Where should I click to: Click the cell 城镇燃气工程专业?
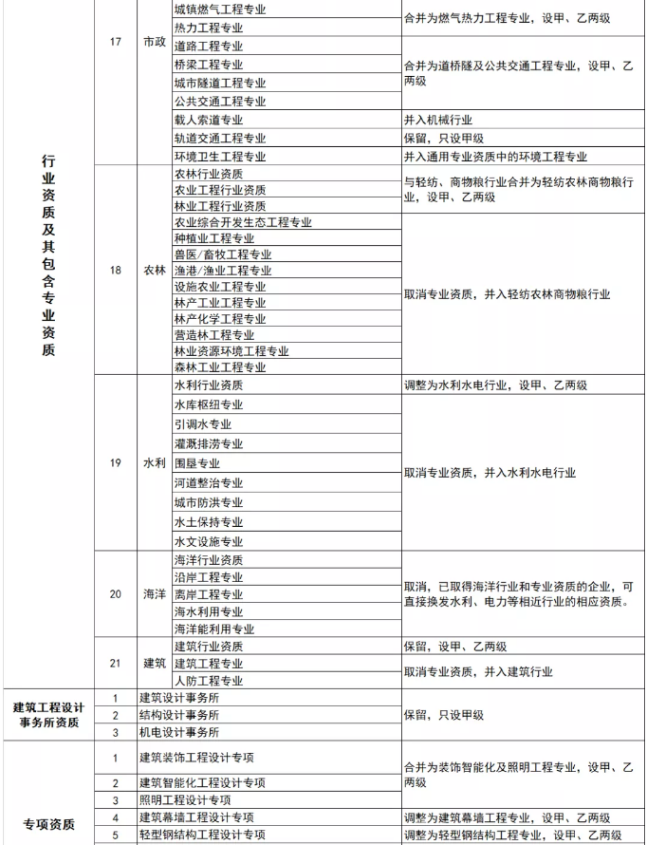point(219,9)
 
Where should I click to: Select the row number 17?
point(116,43)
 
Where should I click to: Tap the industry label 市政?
point(153,43)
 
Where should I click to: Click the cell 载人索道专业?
point(209,120)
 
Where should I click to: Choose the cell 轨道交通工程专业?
point(220,139)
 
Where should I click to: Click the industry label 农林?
point(154,271)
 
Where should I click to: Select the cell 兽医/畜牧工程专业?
point(223,254)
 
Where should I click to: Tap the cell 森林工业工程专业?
point(220,366)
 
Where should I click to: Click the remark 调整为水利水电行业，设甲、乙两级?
point(495,385)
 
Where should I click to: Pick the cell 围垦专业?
point(197,463)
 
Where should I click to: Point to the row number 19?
point(116,463)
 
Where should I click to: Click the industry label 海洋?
point(154,594)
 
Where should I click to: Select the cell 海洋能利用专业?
point(214,629)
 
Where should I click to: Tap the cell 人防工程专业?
point(209,681)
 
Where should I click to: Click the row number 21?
point(116,663)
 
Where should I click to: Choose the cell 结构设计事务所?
point(179,715)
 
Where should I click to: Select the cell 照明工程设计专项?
point(192,799)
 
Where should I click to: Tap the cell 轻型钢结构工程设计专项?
point(203,835)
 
